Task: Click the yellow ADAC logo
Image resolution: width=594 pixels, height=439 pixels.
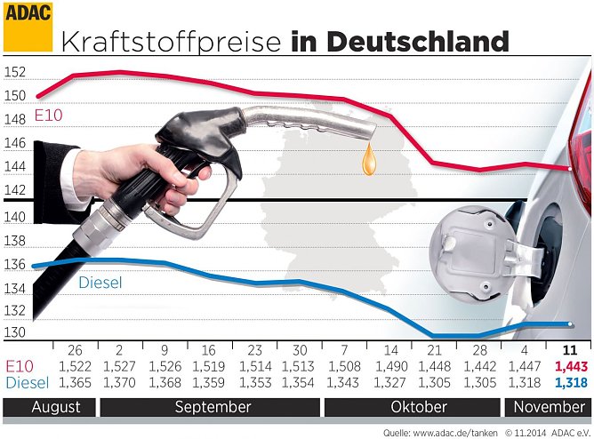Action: tap(28, 27)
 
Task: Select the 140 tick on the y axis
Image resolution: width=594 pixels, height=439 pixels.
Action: tap(14, 216)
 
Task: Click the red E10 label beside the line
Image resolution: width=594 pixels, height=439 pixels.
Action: tap(50, 115)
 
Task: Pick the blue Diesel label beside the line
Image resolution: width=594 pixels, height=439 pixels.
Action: tap(100, 283)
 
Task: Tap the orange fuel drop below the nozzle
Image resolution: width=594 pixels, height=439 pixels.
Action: tap(368, 161)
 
